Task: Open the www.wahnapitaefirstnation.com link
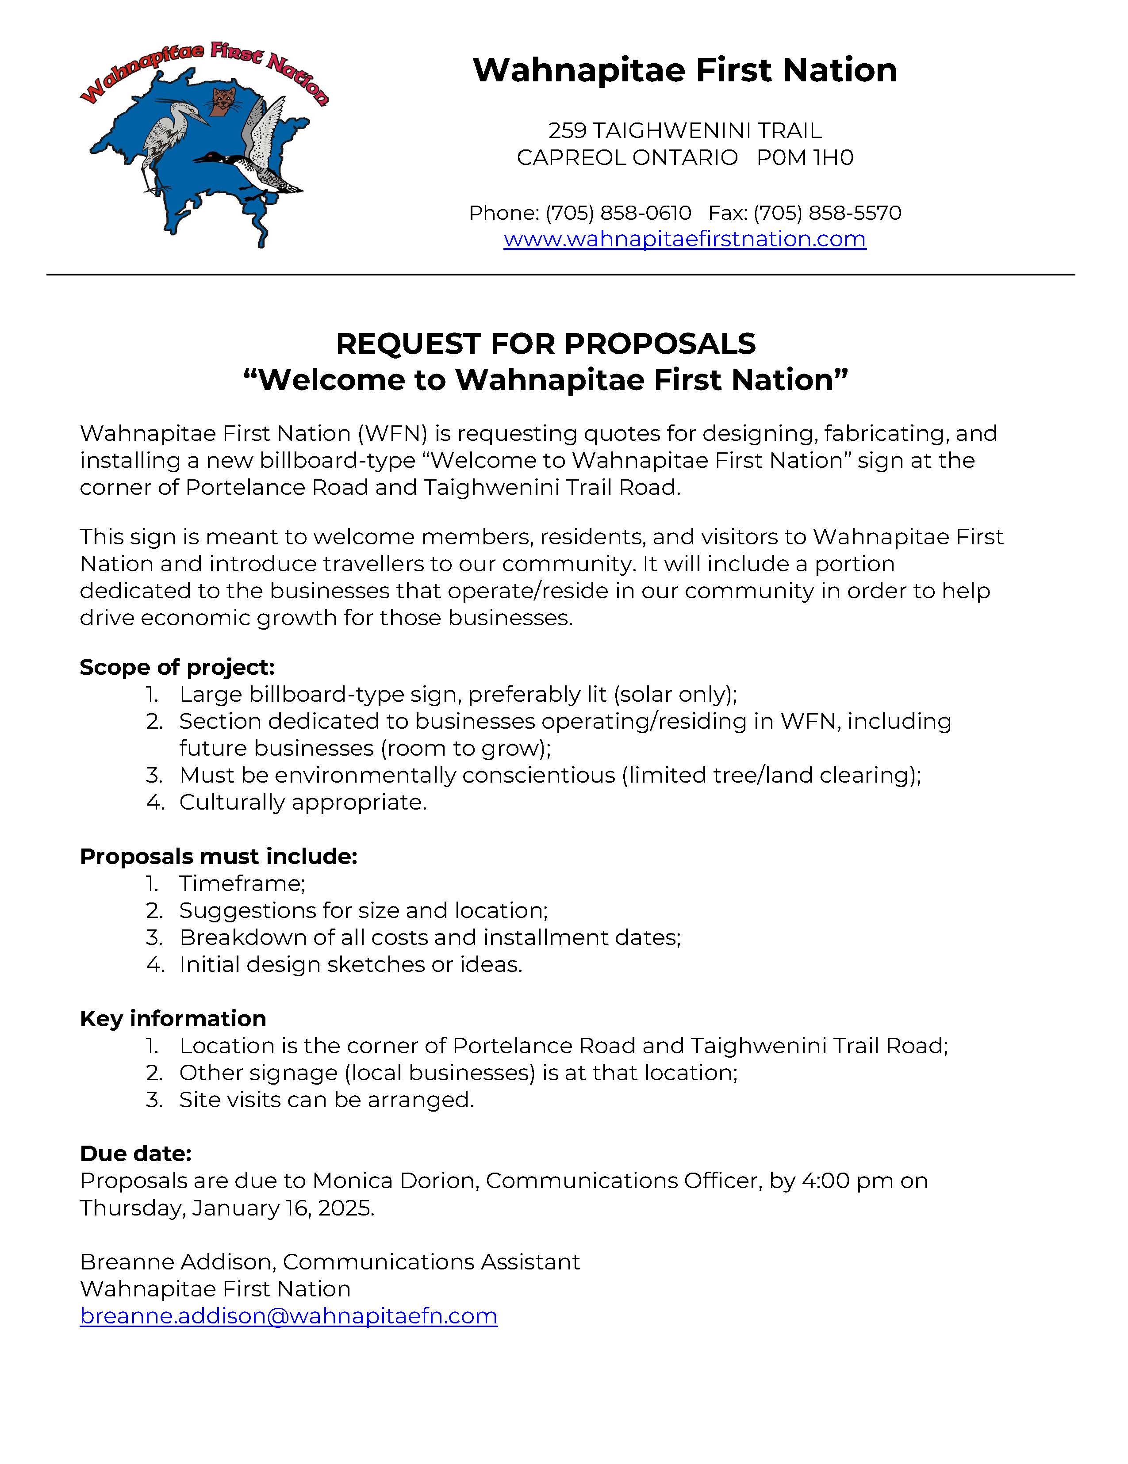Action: (685, 239)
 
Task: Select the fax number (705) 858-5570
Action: (827, 213)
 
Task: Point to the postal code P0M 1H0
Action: (805, 157)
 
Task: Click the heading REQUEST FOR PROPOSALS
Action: (545, 344)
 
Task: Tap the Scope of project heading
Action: (177, 668)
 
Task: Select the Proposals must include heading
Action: (218, 856)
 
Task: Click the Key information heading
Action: (173, 1019)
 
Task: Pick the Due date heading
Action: (135, 1154)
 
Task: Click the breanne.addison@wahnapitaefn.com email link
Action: (288, 1316)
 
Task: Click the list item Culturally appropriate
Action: (303, 803)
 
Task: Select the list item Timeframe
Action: (242, 883)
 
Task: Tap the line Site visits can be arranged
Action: (326, 1100)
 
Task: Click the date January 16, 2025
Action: (282, 1208)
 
